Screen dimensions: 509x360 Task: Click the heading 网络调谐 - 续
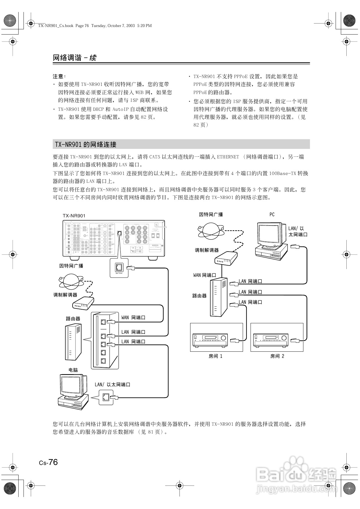pos(75,58)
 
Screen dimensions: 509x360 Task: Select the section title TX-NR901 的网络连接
pos(86,145)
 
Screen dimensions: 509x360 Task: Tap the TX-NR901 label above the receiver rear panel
pos(74,216)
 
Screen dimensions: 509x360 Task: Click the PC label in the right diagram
pos(272,214)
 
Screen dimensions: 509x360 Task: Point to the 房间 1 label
pos(215,356)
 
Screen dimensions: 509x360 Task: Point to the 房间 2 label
pos(277,356)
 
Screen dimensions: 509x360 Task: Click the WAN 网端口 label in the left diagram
pos(133,317)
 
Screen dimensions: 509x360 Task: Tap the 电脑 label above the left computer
pos(73,370)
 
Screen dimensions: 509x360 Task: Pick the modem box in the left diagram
pos(83,303)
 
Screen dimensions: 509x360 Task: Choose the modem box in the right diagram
pos(226,258)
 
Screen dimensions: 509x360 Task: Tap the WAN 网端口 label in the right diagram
pos(204,275)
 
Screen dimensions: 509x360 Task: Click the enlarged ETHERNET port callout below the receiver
pos(119,267)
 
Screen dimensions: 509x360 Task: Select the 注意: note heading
pos(59,76)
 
